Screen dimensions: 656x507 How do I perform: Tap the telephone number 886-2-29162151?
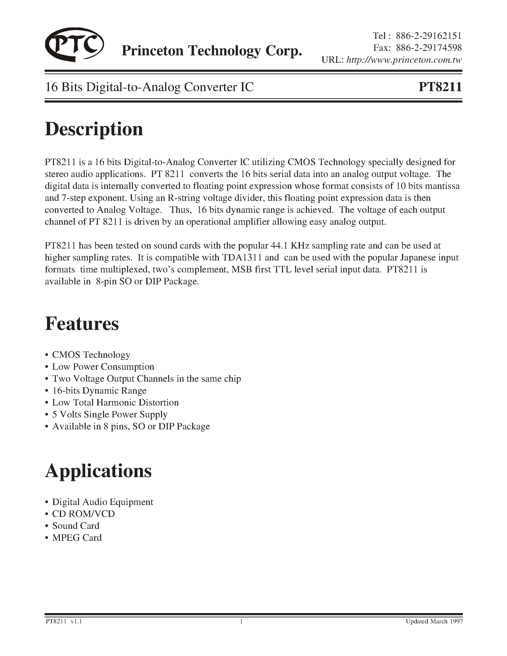[428, 36]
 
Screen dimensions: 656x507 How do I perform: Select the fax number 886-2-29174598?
[429, 48]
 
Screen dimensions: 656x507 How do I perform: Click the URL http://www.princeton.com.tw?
[404, 60]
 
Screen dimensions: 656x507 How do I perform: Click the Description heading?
[94, 129]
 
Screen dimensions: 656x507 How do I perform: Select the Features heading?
[82, 324]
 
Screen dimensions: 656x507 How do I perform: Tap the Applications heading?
[98, 471]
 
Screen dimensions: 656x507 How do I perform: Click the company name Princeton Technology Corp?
[211, 51]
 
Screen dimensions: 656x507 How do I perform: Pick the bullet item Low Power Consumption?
[103, 367]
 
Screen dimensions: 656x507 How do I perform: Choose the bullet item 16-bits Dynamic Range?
[99, 390]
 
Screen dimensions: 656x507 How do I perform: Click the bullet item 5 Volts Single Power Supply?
[110, 415]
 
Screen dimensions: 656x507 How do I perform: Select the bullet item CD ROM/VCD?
[84, 514]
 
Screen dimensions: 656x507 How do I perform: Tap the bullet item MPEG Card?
[77, 538]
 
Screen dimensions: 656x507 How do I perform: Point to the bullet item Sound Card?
[76, 526]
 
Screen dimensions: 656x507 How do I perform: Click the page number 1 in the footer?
[241, 621]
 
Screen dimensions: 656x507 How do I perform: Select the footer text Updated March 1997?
[434, 621]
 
